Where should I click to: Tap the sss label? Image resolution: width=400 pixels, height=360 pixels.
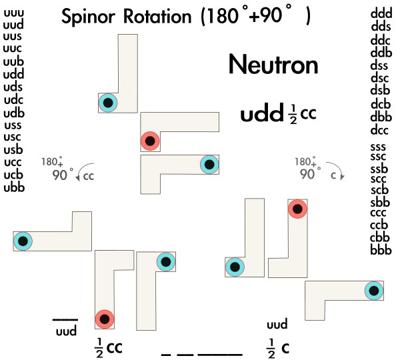click(x=380, y=147)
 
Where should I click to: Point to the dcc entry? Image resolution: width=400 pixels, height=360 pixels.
click(x=380, y=129)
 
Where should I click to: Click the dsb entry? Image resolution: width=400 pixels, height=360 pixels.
click(x=380, y=91)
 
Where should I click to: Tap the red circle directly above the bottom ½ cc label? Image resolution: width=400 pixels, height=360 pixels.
click(x=104, y=319)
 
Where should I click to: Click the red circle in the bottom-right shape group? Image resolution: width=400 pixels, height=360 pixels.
click(x=297, y=209)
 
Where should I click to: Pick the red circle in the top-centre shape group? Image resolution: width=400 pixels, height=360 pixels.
click(x=149, y=141)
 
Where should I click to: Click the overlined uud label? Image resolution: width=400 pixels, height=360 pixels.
click(x=65, y=330)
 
